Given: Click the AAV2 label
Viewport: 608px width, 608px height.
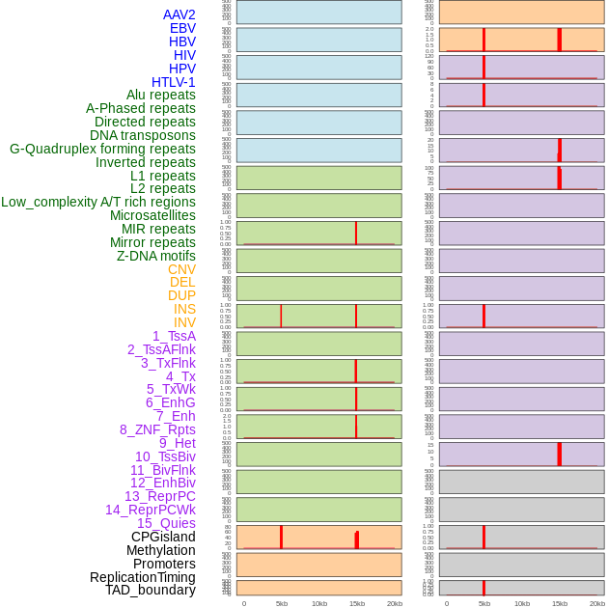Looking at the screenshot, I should click(x=180, y=14).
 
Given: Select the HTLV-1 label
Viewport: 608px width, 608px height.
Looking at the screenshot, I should click(x=174, y=82).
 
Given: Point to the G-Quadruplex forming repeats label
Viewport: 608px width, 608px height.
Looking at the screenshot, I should click(x=102, y=149).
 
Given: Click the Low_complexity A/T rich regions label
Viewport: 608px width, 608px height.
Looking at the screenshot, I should click(x=98, y=202).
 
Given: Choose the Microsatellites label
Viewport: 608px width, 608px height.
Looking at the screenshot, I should click(x=152, y=215).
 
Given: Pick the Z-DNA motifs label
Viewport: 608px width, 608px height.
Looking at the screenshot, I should click(x=156, y=256).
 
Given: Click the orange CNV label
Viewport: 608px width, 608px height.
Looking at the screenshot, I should click(x=181, y=269).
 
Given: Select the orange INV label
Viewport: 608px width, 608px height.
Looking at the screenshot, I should click(x=184, y=322).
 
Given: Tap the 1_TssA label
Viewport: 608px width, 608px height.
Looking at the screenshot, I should click(x=174, y=336).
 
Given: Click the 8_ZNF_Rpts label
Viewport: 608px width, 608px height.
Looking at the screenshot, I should click(x=157, y=429).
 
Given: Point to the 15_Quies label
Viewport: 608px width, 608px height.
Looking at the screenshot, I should click(x=166, y=523).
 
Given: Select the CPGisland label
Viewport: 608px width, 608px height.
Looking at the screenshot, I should click(x=163, y=537).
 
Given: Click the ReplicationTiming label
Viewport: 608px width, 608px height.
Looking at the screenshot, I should click(x=142, y=577).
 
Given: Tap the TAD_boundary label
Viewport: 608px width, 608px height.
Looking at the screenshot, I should click(x=151, y=590).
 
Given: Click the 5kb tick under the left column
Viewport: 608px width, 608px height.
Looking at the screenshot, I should click(x=281, y=603).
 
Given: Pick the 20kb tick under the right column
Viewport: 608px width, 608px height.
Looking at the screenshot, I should click(x=597, y=603).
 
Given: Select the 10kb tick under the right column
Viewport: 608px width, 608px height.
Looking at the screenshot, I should click(x=522, y=603).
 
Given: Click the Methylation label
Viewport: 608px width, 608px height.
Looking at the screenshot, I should click(x=160, y=550).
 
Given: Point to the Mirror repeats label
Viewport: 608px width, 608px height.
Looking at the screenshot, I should click(x=152, y=242).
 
